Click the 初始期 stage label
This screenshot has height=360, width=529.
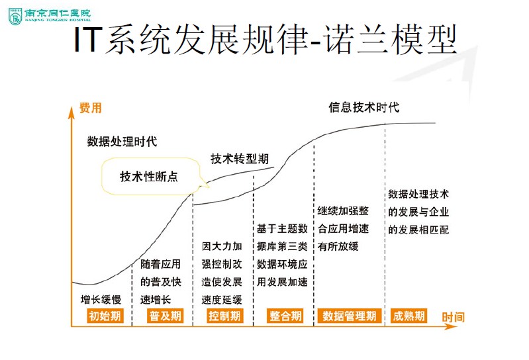click(106, 316)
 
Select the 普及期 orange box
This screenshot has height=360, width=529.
click(165, 316)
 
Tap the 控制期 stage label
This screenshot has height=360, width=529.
click(224, 316)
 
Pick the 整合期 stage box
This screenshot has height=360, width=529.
click(285, 316)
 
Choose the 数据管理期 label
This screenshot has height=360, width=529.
click(349, 316)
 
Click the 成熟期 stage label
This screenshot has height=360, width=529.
click(408, 316)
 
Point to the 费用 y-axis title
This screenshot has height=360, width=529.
click(91, 108)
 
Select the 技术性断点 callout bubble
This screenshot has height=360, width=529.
click(149, 177)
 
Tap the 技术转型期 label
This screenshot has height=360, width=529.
click(240, 159)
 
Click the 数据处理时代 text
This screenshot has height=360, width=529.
click(122, 141)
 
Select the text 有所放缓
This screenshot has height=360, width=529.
click(338, 246)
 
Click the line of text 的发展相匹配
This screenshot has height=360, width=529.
click(418, 230)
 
